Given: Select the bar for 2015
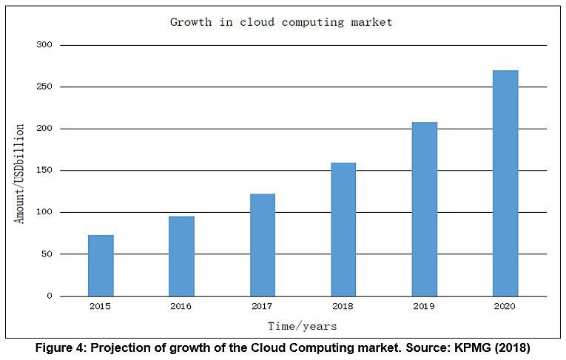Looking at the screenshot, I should tap(101, 265).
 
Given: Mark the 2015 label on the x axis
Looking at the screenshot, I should tap(101, 306).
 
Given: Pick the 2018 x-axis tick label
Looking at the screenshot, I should tap(343, 306).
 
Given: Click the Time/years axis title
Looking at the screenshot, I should tap(303, 326).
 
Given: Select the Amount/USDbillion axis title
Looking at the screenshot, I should tap(21, 174).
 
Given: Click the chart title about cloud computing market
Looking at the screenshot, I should tap(281, 22).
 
